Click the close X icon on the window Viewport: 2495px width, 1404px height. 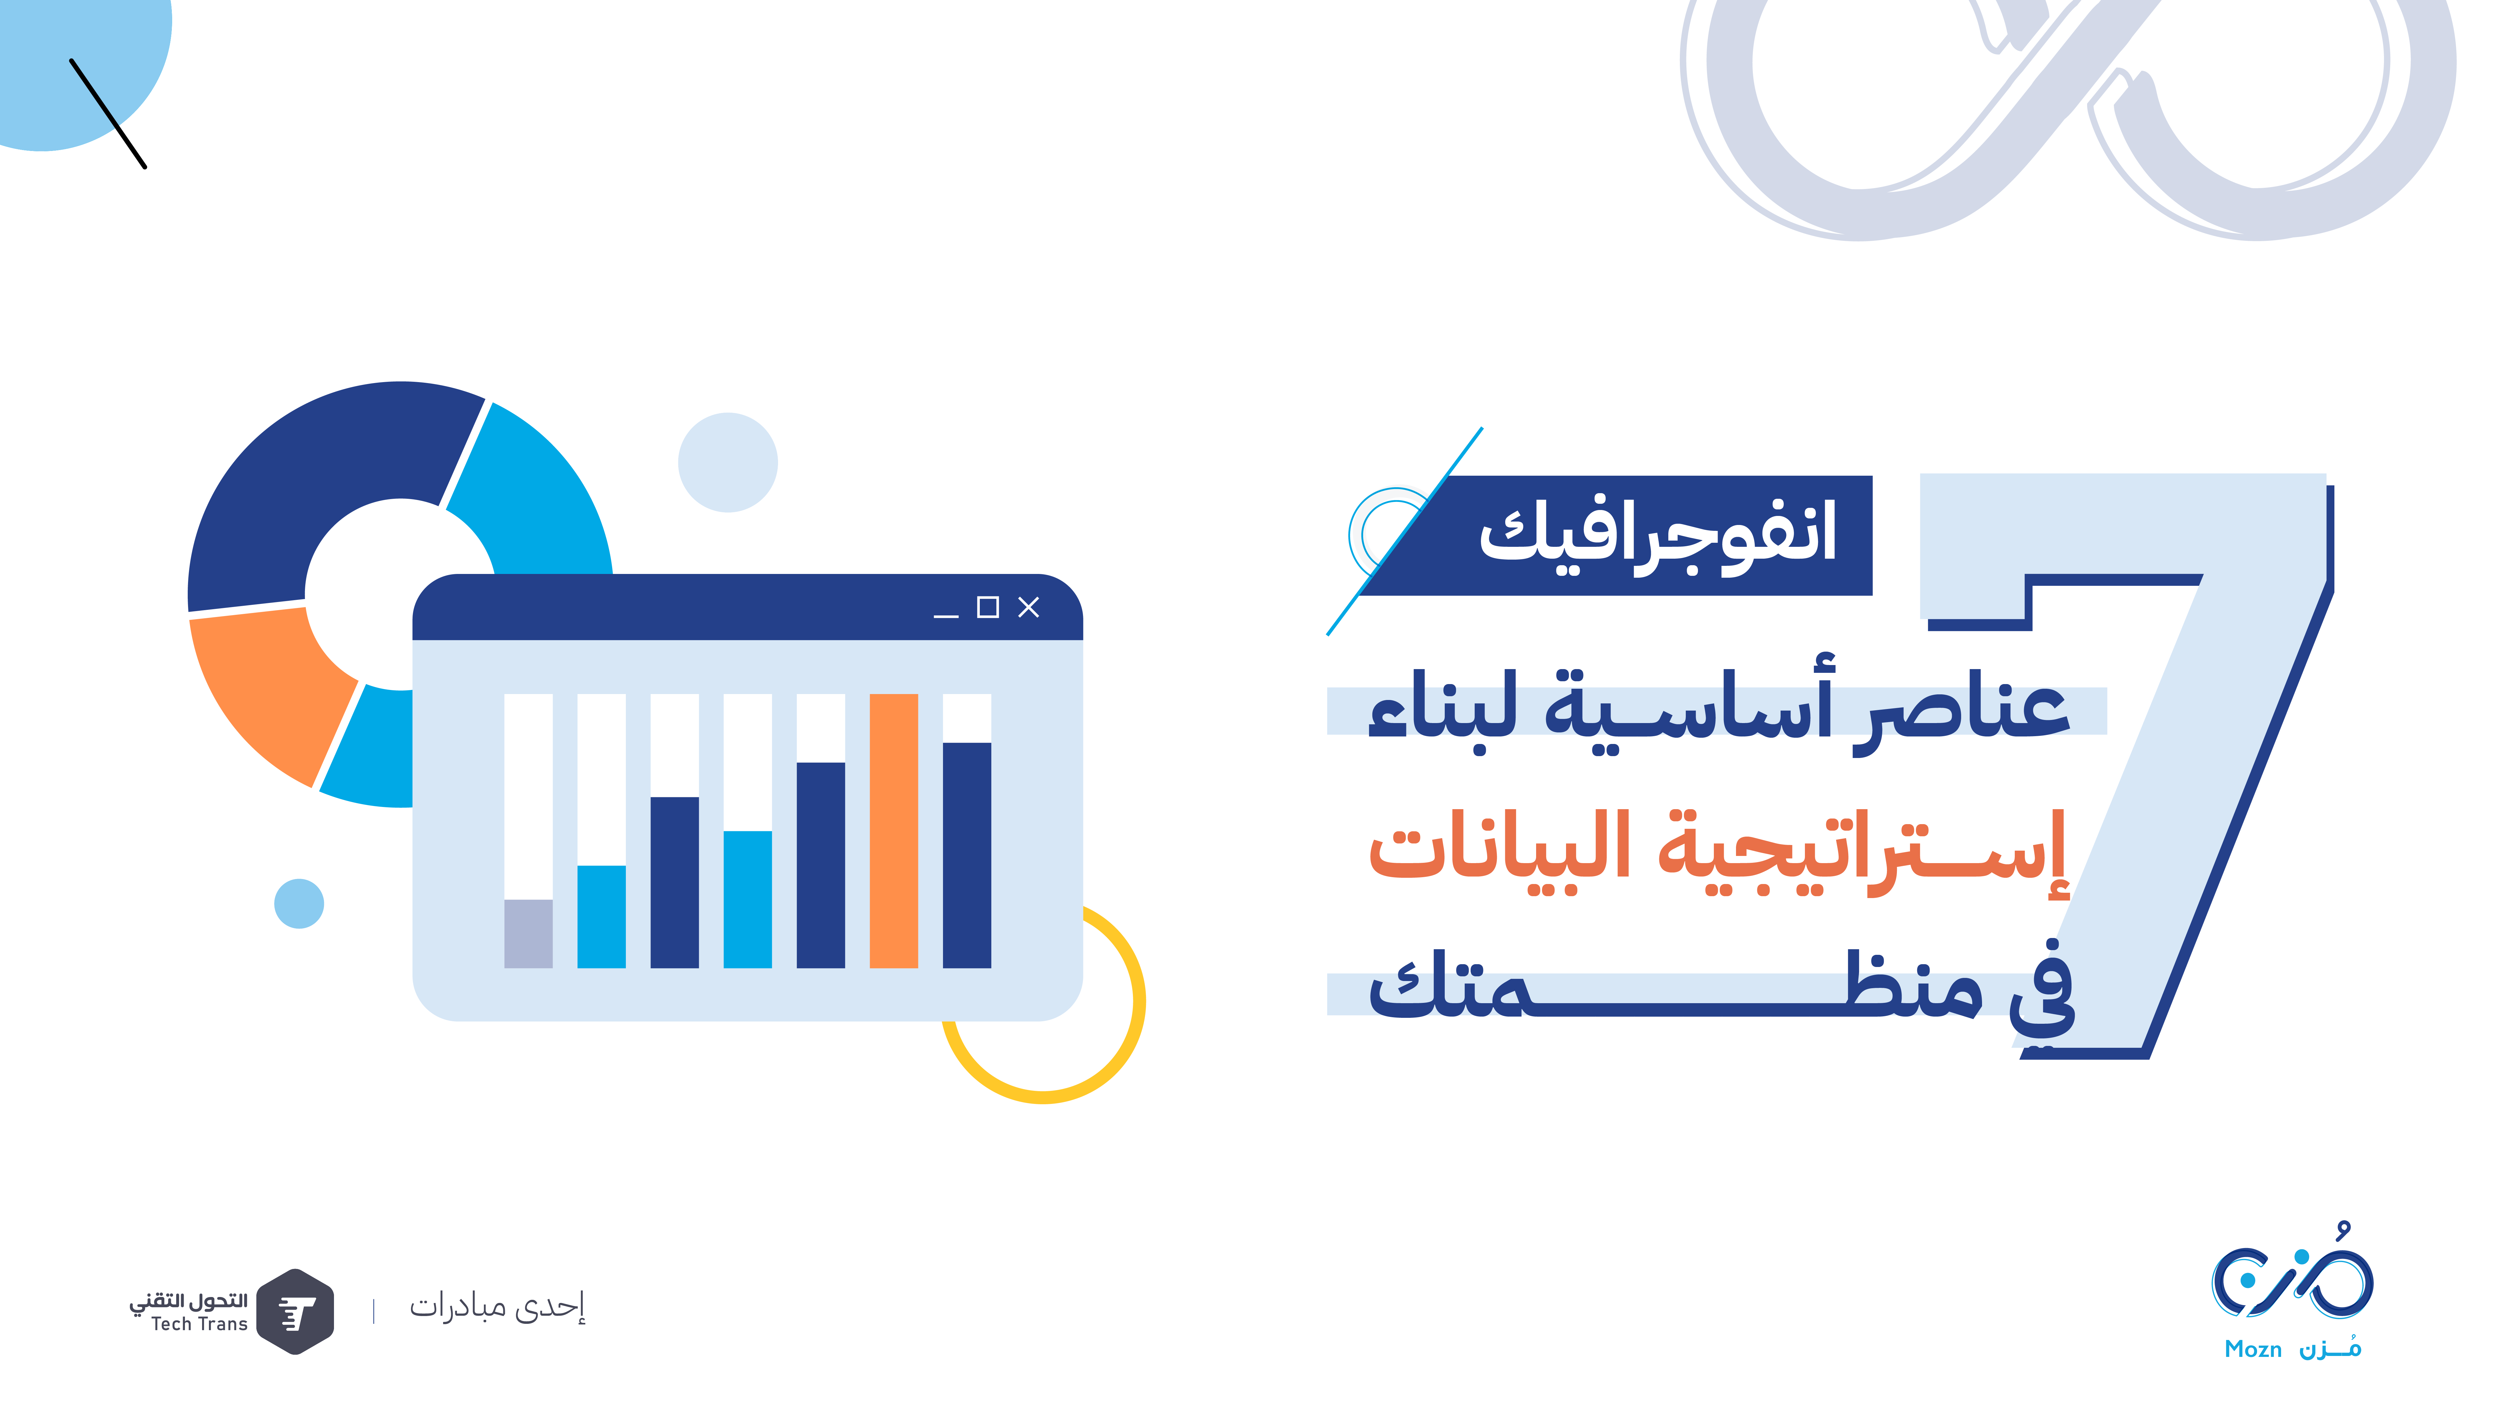pos(1029,608)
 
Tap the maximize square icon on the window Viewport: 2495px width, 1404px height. pos(988,608)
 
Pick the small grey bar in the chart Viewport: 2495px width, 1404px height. pos(529,934)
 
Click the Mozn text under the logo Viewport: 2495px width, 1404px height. pos(2253,1349)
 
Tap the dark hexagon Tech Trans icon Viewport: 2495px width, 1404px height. pos(296,1311)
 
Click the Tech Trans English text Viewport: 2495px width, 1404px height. pos(200,1324)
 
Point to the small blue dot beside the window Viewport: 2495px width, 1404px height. pos(299,904)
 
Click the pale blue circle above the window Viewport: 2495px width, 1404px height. pos(728,462)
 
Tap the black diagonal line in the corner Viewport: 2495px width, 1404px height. pos(109,113)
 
